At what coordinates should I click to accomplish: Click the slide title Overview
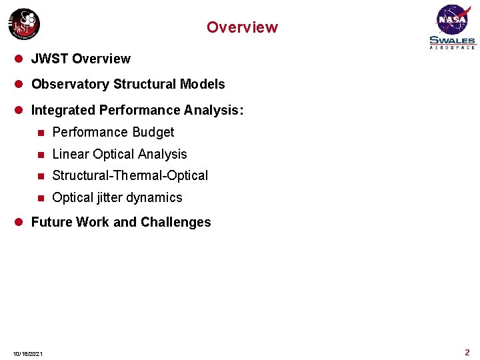click(242, 27)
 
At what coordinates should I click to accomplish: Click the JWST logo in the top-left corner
click(24, 25)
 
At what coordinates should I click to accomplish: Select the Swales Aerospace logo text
click(453, 42)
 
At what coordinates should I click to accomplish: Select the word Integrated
click(62, 110)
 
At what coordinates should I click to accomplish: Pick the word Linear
click(71, 154)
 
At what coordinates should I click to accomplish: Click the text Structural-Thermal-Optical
click(130, 175)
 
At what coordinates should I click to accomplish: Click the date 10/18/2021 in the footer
click(28, 353)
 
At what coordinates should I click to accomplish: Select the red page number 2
click(467, 352)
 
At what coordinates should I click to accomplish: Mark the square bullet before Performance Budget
click(41, 132)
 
